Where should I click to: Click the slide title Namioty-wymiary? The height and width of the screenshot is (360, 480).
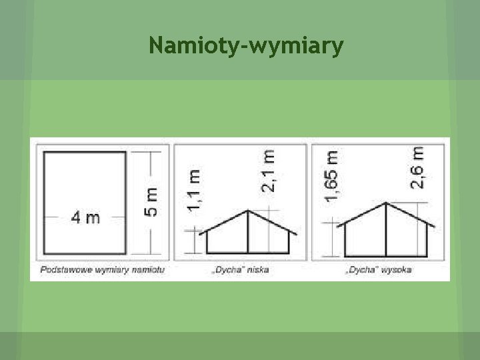(247, 46)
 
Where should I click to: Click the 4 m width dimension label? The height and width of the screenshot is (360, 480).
(85, 217)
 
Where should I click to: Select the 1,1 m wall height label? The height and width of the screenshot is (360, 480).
(195, 190)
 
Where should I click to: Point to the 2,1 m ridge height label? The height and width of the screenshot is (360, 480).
(267, 170)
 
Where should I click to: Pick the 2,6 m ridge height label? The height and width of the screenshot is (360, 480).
(417, 167)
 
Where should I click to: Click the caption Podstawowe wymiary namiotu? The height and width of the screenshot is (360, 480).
(103, 270)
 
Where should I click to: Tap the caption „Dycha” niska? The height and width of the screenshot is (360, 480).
(241, 271)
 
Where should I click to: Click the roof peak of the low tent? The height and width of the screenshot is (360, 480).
(248, 211)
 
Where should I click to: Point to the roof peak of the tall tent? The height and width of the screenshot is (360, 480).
(386, 203)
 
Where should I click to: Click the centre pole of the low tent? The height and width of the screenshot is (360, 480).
(248, 233)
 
